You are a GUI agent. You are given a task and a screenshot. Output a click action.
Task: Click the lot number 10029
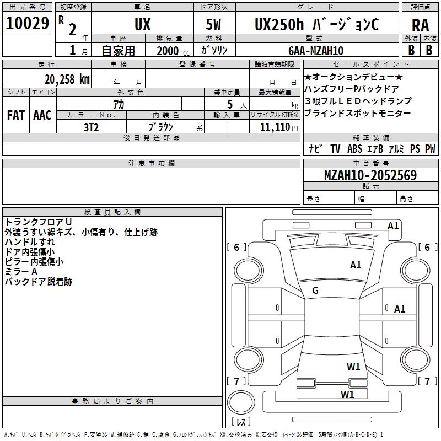[x=27, y=23]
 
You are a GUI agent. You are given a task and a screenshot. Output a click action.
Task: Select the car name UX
[x=143, y=24]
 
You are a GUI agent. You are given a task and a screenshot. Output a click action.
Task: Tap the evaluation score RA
[x=421, y=25]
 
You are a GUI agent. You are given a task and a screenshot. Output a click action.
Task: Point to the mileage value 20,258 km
[x=67, y=79]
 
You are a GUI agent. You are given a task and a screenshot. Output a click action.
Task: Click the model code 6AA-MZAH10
[x=316, y=51]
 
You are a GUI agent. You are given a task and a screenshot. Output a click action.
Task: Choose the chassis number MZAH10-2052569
[x=370, y=175]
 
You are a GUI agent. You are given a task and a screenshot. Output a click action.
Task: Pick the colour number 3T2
[x=91, y=127]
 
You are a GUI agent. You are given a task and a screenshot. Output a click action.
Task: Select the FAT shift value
[x=16, y=115]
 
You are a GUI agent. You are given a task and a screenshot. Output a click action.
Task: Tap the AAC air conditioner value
[x=42, y=115]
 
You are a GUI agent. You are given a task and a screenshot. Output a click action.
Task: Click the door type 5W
[x=213, y=24]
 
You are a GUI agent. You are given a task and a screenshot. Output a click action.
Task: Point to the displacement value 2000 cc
[x=173, y=51]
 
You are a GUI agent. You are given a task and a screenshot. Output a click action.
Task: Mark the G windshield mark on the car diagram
[x=315, y=291]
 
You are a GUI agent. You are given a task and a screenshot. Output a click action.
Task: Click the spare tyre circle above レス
[x=241, y=402]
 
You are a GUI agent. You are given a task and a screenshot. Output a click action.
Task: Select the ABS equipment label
[x=354, y=149]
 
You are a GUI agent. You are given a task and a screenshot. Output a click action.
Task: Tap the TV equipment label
[x=335, y=149]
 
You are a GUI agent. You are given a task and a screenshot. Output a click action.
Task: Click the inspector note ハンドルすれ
[x=30, y=242]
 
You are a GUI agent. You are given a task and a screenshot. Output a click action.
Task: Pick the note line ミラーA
[x=21, y=272]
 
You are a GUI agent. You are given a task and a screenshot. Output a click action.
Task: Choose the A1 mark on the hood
[x=356, y=265]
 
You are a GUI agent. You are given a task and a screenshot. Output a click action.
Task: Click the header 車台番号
[x=370, y=163]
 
